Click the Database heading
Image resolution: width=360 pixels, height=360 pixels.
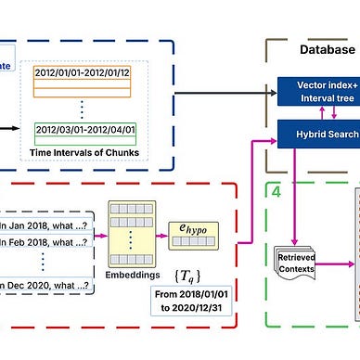327,50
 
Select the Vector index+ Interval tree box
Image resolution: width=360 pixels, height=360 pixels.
319,92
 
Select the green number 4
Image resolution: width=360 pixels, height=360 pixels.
275,192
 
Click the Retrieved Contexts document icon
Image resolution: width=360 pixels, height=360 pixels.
297,255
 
